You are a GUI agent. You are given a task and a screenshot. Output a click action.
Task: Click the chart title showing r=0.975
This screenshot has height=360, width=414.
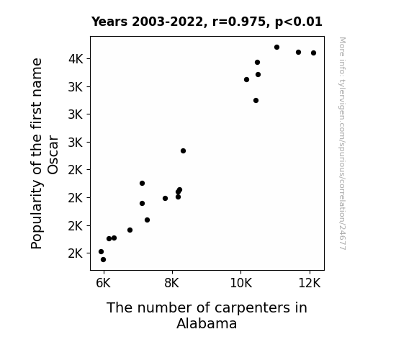[207, 22]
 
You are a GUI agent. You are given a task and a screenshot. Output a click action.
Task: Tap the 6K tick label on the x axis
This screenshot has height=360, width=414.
[103, 283]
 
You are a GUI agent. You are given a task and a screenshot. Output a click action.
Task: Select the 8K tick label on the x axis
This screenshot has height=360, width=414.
[172, 283]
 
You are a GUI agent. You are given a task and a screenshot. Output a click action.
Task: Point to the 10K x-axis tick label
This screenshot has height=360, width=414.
[241, 283]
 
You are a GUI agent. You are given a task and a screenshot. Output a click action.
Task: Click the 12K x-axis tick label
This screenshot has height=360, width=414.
[310, 283]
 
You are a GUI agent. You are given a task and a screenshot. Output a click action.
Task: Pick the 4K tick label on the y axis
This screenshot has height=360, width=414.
[76, 59]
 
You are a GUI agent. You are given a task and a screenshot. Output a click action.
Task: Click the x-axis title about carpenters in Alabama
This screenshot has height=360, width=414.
[207, 315]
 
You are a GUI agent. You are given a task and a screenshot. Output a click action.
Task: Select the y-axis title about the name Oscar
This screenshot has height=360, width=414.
[45, 153]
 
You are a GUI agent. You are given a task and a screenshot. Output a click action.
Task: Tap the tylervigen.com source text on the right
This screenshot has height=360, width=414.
[342, 143]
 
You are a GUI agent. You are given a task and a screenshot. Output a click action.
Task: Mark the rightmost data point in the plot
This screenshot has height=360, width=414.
[313, 53]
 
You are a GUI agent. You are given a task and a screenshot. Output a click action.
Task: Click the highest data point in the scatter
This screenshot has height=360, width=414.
[276, 48]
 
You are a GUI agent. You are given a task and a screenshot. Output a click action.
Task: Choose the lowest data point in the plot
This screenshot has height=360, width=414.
[103, 260]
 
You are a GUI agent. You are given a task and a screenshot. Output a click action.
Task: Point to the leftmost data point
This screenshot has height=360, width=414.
[101, 252]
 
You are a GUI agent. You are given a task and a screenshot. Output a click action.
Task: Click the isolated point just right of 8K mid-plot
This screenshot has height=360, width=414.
[183, 150]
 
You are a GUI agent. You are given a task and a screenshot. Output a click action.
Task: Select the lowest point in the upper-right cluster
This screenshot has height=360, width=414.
[256, 100]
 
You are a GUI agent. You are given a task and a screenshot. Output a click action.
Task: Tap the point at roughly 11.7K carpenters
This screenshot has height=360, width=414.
[298, 53]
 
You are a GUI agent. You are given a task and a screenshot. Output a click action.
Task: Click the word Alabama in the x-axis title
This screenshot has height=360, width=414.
[207, 323]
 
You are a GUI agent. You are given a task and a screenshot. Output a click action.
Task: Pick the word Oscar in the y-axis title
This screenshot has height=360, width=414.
[53, 155]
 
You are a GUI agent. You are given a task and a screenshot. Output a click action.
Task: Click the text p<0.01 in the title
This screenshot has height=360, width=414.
[299, 22]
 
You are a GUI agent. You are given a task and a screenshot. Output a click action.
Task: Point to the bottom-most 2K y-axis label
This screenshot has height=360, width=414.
[76, 253]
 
